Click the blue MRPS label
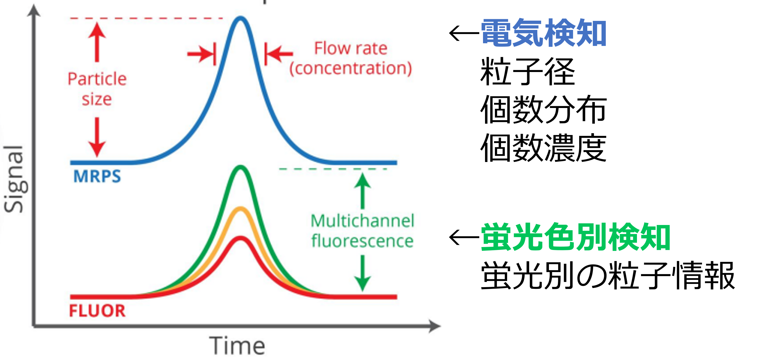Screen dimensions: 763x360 click(97, 176)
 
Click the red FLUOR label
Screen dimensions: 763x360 click(97, 311)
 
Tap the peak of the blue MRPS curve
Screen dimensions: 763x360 click(240, 18)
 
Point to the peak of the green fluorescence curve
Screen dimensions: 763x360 click(240, 167)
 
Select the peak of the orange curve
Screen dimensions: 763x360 click(241, 209)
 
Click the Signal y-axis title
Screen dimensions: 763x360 click(14, 179)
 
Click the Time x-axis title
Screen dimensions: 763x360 click(237, 345)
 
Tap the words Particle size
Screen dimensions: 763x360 click(97, 89)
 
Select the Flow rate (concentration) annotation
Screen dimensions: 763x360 click(351, 58)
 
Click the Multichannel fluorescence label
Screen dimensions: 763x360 click(362, 231)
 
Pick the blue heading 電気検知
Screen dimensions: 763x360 click(543, 33)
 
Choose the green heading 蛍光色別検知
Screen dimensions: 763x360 click(575, 237)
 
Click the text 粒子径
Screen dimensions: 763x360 click(528, 72)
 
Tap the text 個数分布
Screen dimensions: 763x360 click(543, 109)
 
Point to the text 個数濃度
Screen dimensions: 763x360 click(543, 147)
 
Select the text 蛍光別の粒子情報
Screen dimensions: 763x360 click(608, 275)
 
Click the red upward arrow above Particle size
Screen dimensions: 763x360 click(97, 42)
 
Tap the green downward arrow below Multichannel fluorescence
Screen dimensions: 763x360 click(362, 273)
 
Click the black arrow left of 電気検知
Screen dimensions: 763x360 click(464, 33)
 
